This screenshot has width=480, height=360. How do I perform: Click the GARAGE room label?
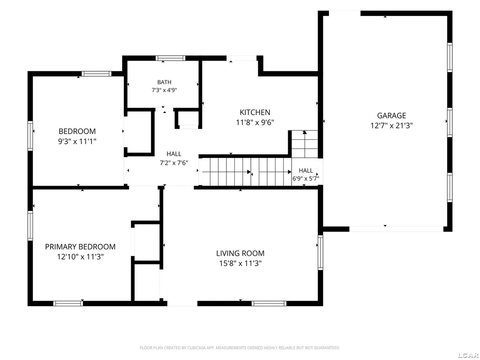coord(391,115)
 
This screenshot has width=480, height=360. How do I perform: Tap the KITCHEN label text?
coord(255,112)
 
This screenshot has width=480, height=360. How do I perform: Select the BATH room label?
coord(165,82)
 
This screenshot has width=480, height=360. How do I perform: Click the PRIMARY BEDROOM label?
coord(80,247)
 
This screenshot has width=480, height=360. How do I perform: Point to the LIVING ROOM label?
coord(240,253)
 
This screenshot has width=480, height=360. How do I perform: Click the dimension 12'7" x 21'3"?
coord(391,126)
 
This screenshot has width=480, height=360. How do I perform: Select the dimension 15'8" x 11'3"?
coord(240,263)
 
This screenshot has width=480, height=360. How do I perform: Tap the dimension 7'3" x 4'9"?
coord(165,90)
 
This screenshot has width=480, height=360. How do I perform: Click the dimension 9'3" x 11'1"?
coord(77,142)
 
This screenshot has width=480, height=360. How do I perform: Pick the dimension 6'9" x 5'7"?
coord(306,179)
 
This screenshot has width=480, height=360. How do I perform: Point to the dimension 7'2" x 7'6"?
coord(174,163)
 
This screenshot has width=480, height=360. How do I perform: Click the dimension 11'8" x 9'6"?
coord(255,122)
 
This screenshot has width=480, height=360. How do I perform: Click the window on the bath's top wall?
coord(170,58)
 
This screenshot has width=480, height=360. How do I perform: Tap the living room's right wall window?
coord(321,252)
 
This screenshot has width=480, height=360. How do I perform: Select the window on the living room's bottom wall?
coord(269,303)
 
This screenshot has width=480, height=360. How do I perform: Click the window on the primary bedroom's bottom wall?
coord(68,303)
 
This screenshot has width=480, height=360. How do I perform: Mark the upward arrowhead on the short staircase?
coord(304,132)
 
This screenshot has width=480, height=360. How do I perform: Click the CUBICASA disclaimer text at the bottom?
coord(240,348)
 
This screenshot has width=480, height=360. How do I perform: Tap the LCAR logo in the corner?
coord(469,355)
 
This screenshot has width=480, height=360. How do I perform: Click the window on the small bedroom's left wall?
coord(30,136)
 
